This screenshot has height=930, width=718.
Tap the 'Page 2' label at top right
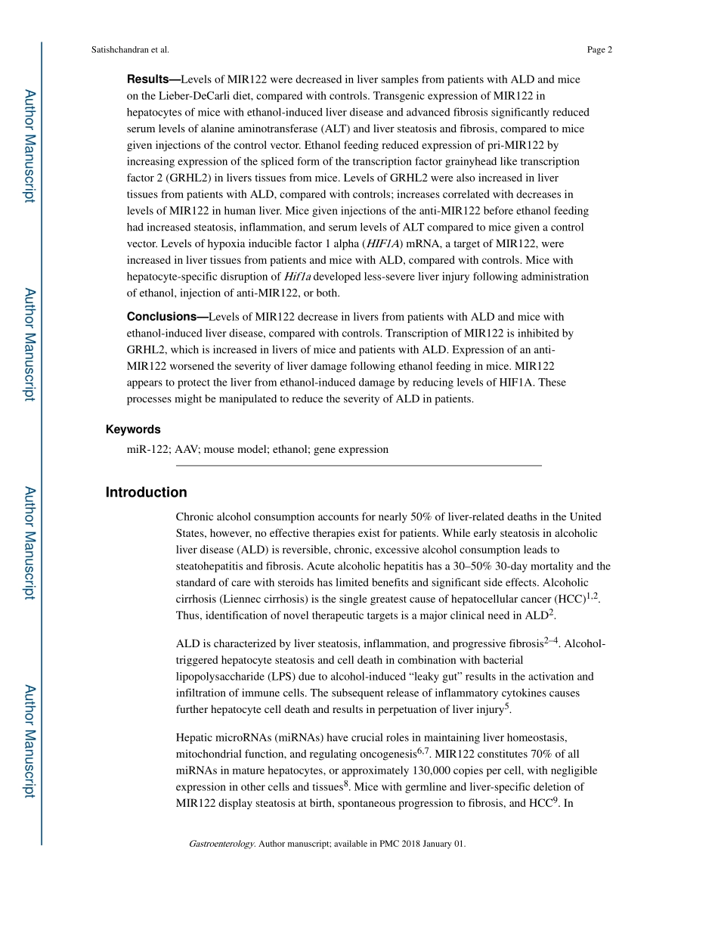[599, 50]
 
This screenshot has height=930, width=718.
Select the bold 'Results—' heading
[153, 79]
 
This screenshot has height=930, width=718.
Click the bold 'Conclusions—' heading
[167, 317]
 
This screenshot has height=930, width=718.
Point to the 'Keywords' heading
[133, 429]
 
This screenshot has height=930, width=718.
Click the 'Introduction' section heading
[146, 493]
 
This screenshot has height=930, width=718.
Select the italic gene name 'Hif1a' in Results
[297, 277]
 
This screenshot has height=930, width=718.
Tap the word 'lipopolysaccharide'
[220, 677]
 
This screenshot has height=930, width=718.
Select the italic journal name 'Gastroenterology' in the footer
[221, 844]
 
